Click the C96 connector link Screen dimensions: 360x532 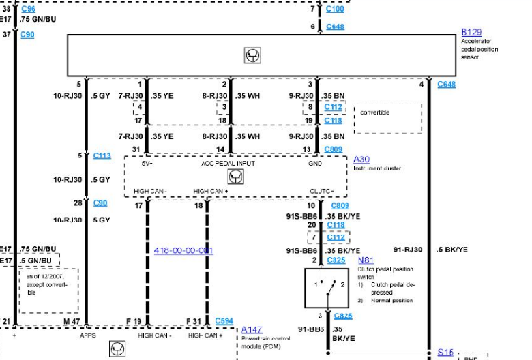28,9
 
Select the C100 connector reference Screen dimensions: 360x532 335,9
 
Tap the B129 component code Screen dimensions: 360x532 471,32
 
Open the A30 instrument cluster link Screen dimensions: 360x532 361,160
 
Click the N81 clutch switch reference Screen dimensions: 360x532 366,260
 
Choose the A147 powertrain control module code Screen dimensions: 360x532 252,329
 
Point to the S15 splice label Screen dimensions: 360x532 445,352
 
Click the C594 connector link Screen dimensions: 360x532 224,320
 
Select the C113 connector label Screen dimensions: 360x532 102,155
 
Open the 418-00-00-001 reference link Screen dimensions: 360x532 183,250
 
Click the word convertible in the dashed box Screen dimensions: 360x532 375,112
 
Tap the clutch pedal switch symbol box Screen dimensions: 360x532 327,290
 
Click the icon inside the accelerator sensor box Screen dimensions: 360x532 252,56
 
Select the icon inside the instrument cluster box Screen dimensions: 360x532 235,177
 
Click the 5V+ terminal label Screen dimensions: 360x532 147,164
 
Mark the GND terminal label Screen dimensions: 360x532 314,164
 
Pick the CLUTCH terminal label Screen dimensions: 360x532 322,191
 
